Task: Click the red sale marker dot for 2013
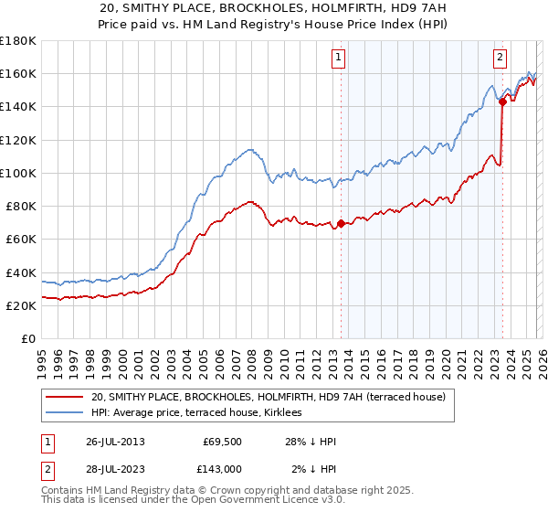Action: click(x=341, y=223)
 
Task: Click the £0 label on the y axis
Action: click(x=27, y=339)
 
